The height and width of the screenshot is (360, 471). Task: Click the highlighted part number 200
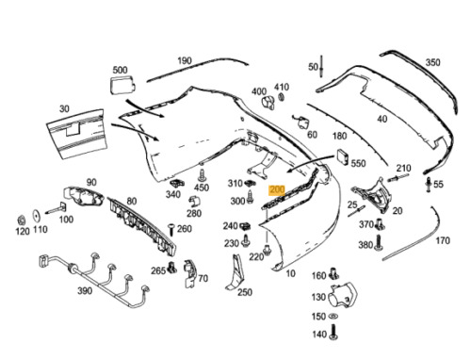[277, 189]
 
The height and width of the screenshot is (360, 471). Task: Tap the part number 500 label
[120, 70]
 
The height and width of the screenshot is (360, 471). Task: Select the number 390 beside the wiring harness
[85, 291]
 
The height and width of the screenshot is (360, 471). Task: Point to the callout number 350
[432, 62]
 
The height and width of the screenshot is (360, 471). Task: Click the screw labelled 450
[203, 175]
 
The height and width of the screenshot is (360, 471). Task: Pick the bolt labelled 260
[171, 230]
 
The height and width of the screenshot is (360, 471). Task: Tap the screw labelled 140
[333, 333]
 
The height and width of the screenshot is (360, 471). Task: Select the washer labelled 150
[333, 316]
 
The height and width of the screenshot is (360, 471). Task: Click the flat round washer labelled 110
[37, 216]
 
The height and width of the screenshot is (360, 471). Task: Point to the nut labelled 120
[22, 219]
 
